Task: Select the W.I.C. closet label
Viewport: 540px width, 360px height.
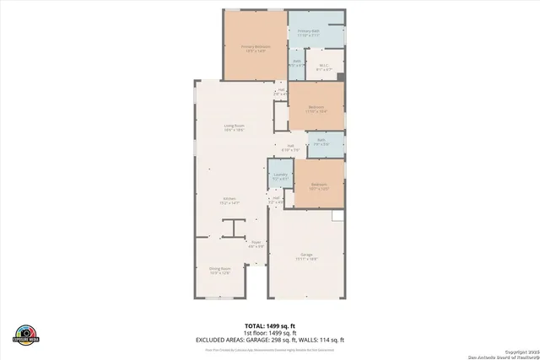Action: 323,66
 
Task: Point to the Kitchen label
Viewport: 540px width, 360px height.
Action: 230,201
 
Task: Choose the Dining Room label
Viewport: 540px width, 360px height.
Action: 219,271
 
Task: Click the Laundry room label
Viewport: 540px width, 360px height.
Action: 281,176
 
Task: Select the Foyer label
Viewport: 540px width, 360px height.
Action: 256,244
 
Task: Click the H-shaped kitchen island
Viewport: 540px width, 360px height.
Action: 234,228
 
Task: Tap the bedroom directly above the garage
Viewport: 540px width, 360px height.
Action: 318,185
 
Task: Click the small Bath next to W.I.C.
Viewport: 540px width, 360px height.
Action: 297,62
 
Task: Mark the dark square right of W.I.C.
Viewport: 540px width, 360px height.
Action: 340,77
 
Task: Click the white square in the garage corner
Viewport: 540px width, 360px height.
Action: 337,217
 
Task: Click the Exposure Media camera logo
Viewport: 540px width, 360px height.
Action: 27,334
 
